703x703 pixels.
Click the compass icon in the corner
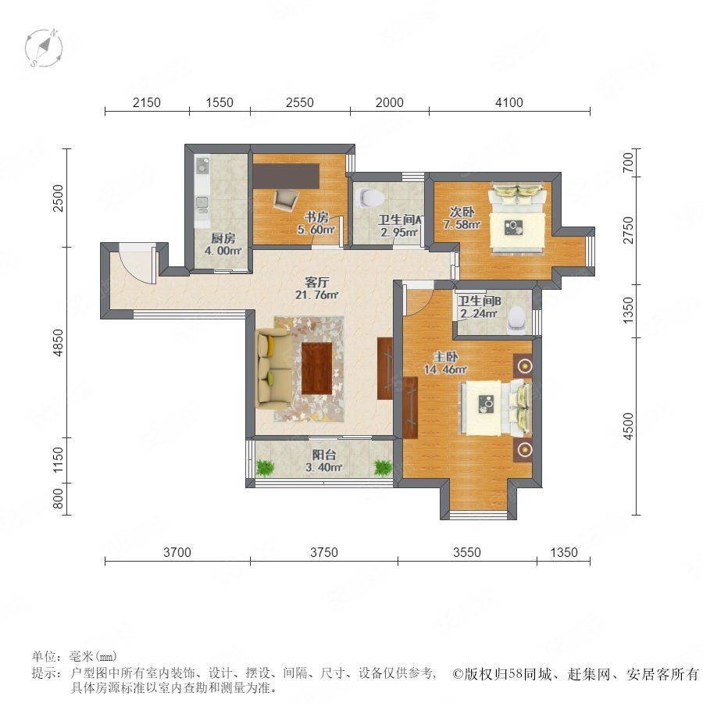(44, 48)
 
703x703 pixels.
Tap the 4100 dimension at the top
(509, 102)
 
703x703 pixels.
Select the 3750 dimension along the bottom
(323, 552)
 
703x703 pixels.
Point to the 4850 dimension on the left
(59, 343)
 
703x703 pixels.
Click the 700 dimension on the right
(629, 162)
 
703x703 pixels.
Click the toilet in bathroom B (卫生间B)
(517, 319)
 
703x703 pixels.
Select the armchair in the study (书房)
(285, 199)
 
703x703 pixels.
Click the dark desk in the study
(286, 176)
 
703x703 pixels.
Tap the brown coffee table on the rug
(316, 368)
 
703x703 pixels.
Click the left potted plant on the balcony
(265, 469)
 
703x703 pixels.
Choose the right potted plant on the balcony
(383, 468)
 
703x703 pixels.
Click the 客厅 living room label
(316, 282)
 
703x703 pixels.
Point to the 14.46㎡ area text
(446, 369)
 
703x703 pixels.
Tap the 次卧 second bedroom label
(462, 212)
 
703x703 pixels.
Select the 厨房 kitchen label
(223, 238)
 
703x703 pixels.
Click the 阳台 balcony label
(323, 455)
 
